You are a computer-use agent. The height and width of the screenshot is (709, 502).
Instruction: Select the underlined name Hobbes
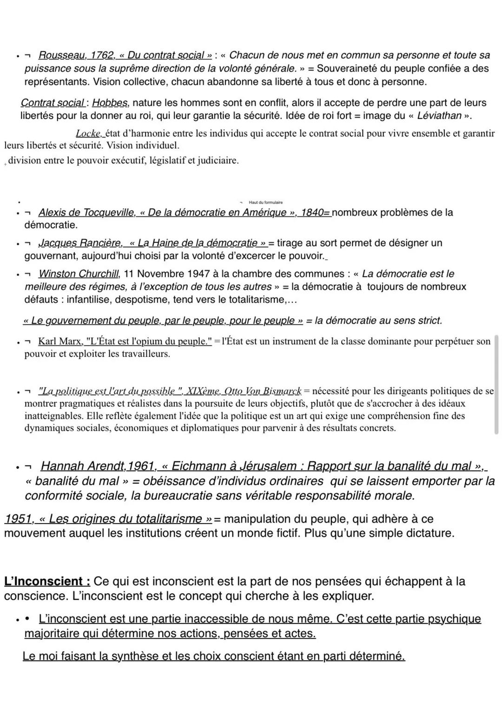[x=110, y=103]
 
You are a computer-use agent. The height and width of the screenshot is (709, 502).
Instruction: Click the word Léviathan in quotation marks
[x=439, y=116]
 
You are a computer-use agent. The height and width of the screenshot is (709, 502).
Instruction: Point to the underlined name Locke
[x=88, y=134]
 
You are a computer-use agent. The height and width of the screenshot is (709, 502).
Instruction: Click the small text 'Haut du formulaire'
[x=265, y=203]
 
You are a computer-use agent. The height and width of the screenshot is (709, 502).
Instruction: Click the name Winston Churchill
[x=79, y=274]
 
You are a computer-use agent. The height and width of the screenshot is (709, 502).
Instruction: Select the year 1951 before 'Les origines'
[x=18, y=519]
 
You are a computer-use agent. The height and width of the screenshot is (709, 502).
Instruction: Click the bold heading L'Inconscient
[x=46, y=582]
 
